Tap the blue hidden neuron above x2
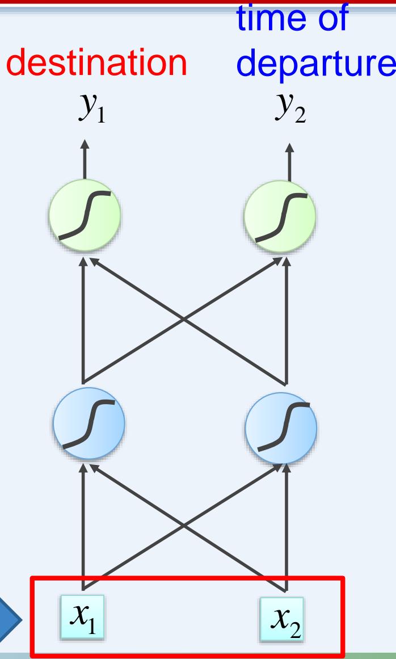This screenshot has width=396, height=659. (280, 423)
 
